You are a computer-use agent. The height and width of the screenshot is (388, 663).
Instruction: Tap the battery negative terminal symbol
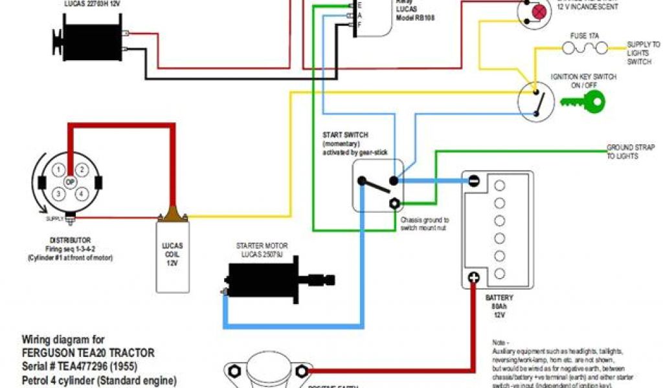[x=474, y=181]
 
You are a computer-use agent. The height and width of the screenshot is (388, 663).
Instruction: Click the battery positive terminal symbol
[x=473, y=277]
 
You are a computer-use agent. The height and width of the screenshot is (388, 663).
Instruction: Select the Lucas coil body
[x=172, y=255]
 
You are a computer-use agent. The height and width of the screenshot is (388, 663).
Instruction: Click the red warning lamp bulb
[x=539, y=11]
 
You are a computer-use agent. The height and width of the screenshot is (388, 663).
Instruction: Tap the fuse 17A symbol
[x=586, y=48]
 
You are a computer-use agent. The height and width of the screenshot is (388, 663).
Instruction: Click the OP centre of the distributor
[x=71, y=182]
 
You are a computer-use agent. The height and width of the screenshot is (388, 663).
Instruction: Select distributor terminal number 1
[x=59, y=170]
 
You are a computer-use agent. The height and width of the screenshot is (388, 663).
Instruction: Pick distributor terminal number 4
[x=82, y=193]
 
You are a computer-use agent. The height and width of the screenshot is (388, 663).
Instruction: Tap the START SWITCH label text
[x=346, y=135]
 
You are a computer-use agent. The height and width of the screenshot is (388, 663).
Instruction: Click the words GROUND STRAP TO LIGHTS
[x=622, y=151]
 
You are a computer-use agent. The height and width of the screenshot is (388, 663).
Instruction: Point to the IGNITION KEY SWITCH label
[x=583, y=80]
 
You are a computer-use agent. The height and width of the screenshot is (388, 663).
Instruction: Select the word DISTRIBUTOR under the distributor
[x=69, y=240]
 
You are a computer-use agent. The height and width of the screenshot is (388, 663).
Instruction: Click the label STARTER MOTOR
[x=262, y=246]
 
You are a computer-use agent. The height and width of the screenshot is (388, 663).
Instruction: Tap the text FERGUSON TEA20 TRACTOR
[x=89, y=353]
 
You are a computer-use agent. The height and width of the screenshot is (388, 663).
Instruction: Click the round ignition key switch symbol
[x=537, y=101]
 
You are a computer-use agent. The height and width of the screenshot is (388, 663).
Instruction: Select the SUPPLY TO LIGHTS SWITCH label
[x=644, y=53]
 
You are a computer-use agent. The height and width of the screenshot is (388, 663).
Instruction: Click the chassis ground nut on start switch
[x=393, y=202]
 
